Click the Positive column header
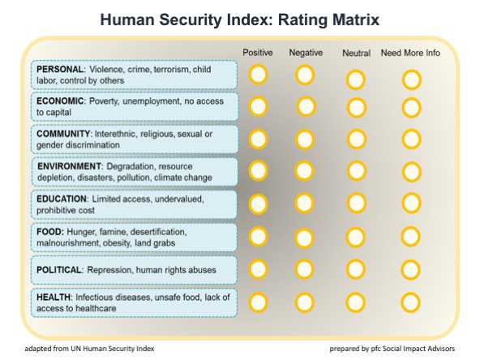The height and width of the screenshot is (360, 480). tap(258, 53)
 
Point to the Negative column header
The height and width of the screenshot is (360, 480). tap(306, 53)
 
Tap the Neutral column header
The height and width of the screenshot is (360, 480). tap(356, 54)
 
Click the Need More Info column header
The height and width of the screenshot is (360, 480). tap(410, 53)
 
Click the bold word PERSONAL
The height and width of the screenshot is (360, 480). tap(60, 69)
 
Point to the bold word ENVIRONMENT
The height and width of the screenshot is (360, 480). tap(69, 166)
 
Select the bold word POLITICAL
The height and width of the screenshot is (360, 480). tap(59, 270)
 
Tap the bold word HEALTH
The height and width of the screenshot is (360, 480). tap(54, 297)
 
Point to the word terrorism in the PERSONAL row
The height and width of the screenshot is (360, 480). tap(172, 70)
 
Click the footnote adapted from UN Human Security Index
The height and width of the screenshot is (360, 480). tap(89, 349)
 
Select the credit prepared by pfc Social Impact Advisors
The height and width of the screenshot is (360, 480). tap(392, 349)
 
